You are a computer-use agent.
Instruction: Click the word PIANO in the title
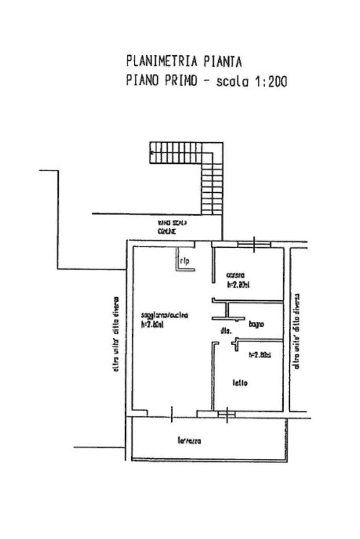coord(144,82)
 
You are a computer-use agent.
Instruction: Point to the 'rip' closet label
coord(184,260)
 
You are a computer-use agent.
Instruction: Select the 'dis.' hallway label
coord(223,331)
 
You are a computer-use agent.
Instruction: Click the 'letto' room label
coord(240,383)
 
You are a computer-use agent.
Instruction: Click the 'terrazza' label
coord(189,441)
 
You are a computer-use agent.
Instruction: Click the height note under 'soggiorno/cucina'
coord(153,325)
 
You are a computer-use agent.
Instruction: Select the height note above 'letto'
coord(259,355)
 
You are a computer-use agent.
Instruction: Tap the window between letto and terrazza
coord(227,414)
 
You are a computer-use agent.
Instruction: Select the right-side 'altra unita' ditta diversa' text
coord(297,330)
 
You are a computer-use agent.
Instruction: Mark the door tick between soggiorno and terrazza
coord(172,414)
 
